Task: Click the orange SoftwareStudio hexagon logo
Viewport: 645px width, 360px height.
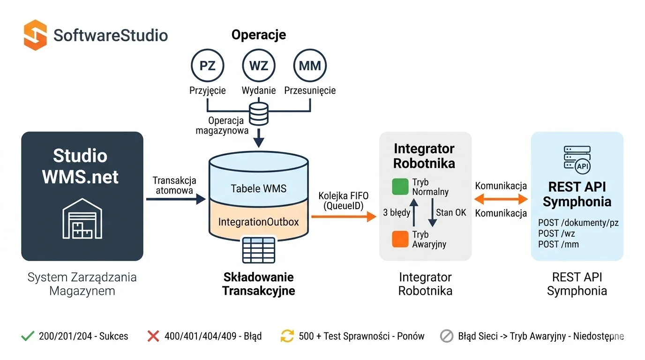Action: click(x=35, y=35)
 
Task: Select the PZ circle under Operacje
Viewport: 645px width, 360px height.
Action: click(x=207, y=66)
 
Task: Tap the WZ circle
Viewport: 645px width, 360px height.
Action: click(x=258, y=66)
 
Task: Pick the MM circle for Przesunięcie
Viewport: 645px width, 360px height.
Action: click(x=309, y=66)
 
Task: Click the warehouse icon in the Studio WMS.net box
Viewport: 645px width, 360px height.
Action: click(x=82, y=219)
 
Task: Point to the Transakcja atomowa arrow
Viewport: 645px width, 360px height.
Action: click(x=176, y=199)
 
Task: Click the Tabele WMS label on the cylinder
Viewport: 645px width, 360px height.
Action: click(x=258, y=188)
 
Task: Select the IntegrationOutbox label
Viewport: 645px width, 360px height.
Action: click(x=258, y=222)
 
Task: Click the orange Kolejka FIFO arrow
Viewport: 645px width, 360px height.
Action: click(x=343, y=216)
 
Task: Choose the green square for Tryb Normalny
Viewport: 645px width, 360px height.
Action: click(x=400, y=187)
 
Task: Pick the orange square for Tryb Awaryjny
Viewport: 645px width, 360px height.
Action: click(x=400, y=239)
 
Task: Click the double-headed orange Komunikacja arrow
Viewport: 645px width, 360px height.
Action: click(x=501, y=199)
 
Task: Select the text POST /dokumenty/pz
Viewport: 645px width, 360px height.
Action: click(x=578, y=223)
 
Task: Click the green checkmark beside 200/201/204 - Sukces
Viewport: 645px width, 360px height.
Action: click(x=28, y=336)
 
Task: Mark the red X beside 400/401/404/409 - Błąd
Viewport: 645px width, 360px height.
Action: click(x=153, y=336)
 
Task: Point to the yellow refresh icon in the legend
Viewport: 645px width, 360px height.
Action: click(x=287, y=336)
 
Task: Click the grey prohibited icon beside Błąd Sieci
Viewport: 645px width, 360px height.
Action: click(x=447, y=336)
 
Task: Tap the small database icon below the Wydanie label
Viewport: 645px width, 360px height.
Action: click(x=258, y=114)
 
